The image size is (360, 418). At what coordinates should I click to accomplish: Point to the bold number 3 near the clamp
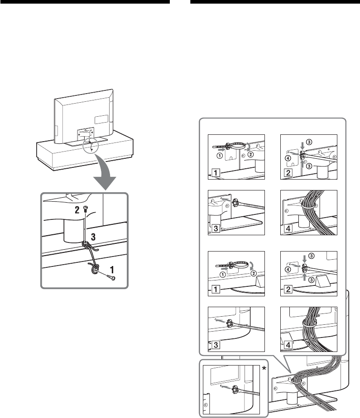[92, 236]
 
